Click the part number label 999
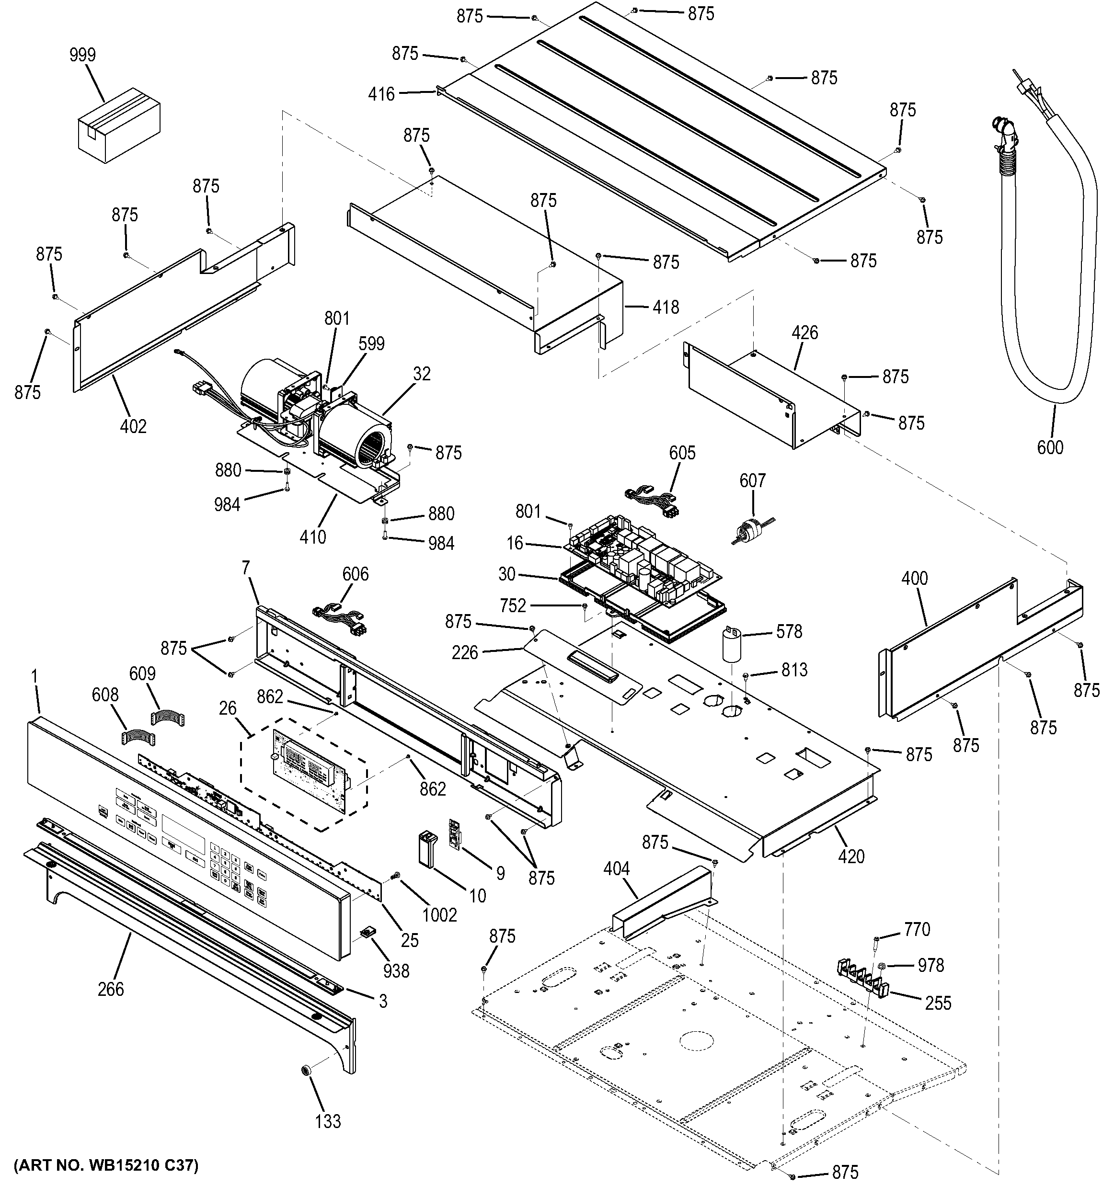(82, 55)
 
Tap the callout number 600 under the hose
(1050, 447)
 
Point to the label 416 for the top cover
(381, 94)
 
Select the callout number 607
(752, 480)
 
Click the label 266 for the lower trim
(111, 989)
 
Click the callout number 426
(804, 333)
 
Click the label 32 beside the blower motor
(421, 374)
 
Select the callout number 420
(851, 856)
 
